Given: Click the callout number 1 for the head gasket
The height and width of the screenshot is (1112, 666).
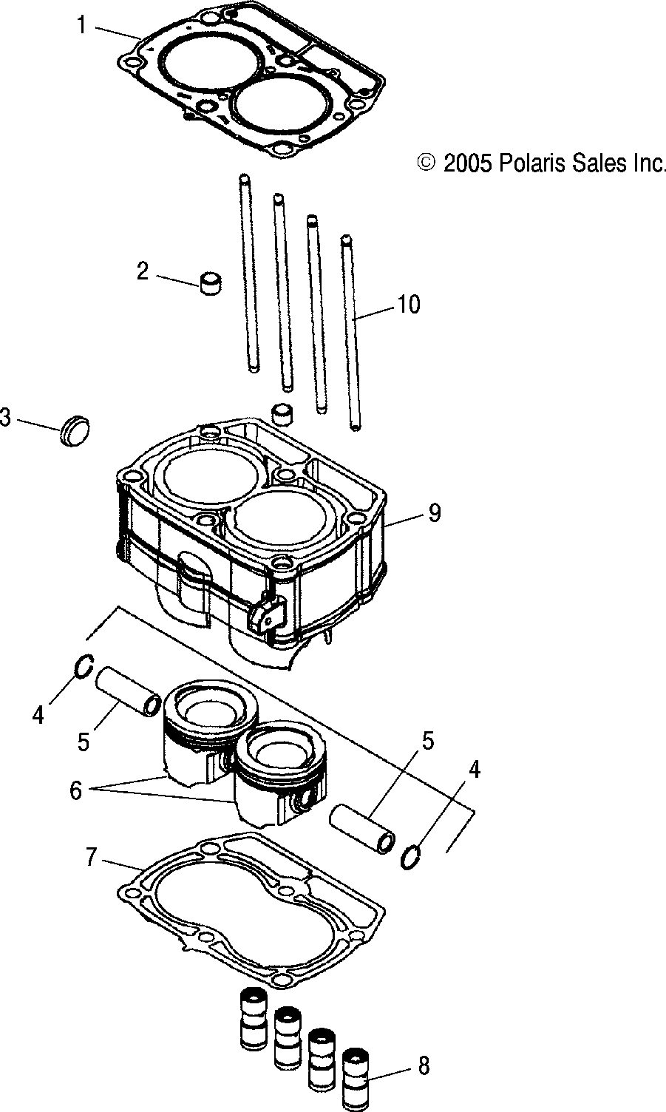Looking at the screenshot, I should click(81, 26).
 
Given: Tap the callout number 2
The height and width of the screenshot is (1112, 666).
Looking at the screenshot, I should click(143, 271).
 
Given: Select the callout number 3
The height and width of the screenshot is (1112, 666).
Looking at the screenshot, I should click(6, 418).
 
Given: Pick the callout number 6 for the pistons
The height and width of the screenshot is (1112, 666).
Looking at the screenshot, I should click(75, 790).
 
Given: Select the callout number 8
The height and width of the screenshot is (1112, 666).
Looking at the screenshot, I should click(423, 1065).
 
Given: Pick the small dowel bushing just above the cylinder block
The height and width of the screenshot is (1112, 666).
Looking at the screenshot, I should click(282, 413).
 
